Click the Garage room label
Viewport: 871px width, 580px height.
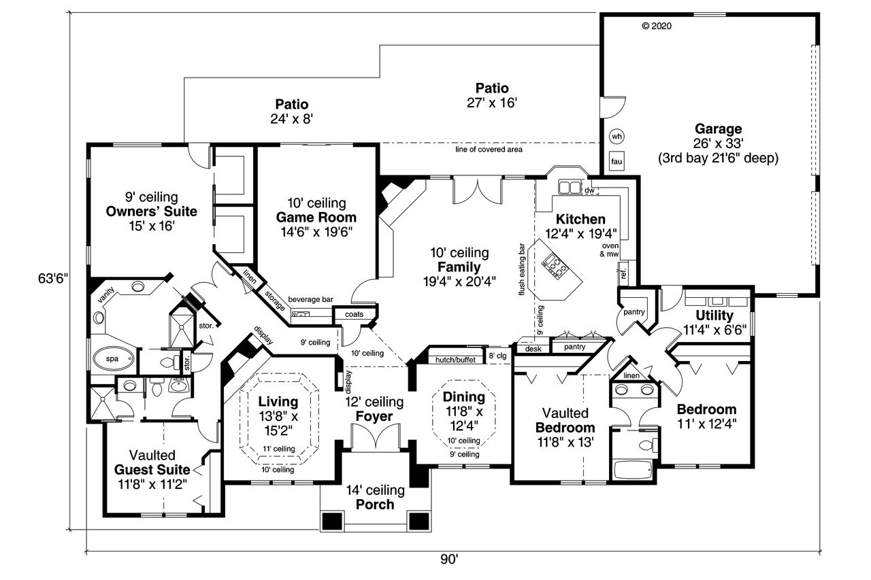click(x=718, y=129)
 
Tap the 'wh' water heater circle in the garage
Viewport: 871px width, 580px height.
click(x=617, y=136)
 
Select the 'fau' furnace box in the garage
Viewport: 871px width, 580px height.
click(x=617, y=161)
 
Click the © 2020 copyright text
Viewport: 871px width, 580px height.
click(x=657, y=27)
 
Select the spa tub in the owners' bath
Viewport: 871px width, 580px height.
click(x=109, y=358)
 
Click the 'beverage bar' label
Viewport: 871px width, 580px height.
click(x=310, y=299)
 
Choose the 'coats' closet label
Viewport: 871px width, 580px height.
click(x=355, y=314)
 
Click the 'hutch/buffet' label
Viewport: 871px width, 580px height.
click(x=455, y=360)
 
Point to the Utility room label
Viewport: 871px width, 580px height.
click(x=714, y=315)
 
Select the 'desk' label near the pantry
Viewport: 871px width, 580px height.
click(x=531, y=348)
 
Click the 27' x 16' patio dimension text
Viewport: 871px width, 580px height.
click(x=492, y=103)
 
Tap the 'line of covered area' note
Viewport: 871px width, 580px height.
click(x=489, y=149)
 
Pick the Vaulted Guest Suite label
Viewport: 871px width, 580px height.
click(x=150, y=469)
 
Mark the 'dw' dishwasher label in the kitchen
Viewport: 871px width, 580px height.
click(x=589, y=190)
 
